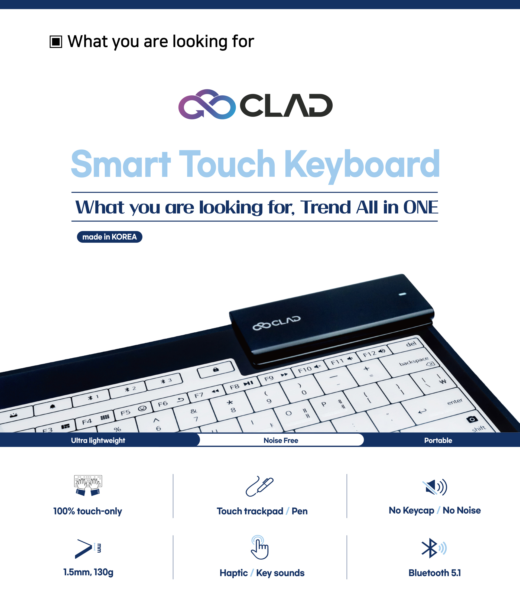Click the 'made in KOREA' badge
pyautogui.click(x=109, y=237)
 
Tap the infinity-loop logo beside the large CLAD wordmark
pyautogui.click(x=207, y=104)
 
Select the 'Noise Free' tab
pyautogui.click(x=281, y=440)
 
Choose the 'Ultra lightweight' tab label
pyautogui.click(x=98, y=440)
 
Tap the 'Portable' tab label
pyautogui.click(x=438, y=440)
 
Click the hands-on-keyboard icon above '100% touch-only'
pyautogui.click(x=88, y=485)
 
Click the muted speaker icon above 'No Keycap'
pyautogui.click(x=434, y=487)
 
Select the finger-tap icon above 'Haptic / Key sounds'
pyautogui.click(x=259, y=547)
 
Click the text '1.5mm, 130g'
pyautogui.click(x=88, y=572)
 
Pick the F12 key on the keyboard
pyautogui.click(x=374, y=353)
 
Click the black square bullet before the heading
pyautogui.click(x=56, y=41)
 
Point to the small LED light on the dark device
pyautogui.click(x=402, y=294)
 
